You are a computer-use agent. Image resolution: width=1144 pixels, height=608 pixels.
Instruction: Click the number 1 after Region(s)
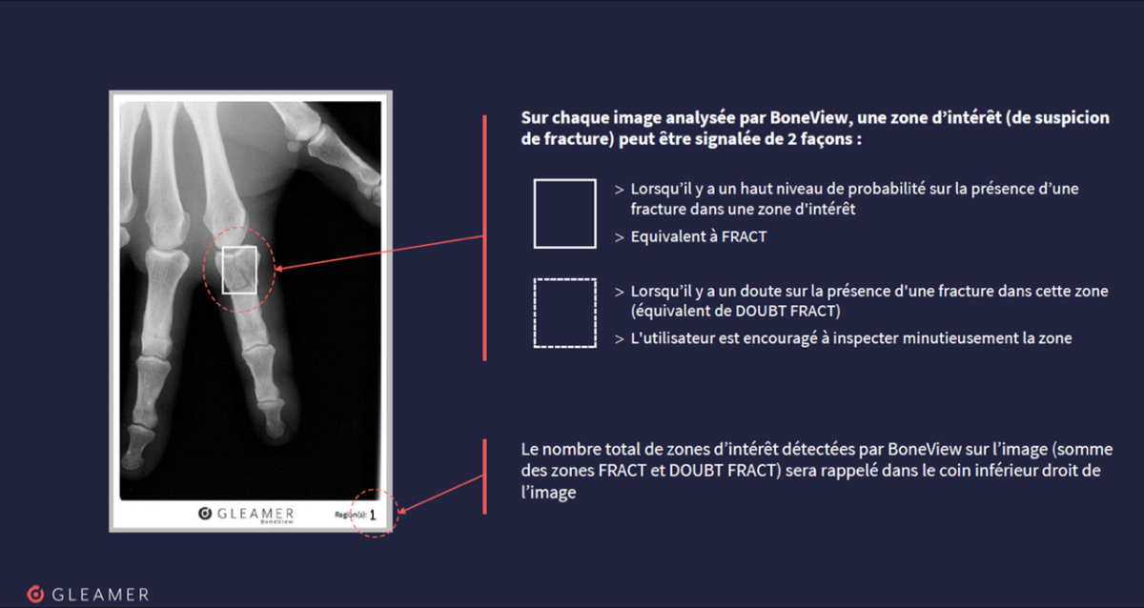pyautogui.click(x=373, y=516)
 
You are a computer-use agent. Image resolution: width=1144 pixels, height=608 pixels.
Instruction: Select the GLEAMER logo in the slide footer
pyautogui.click(x=88, y=595)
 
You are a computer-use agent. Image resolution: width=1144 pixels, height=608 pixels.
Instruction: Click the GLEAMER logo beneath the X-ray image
pyautogui.click(x=246, y=515)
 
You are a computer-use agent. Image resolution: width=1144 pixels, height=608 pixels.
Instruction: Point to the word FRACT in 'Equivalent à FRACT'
pyautogui.click(x=745, y=237)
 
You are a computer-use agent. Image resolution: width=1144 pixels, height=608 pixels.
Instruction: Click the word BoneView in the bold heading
pyautogui.click(x=808, y=118)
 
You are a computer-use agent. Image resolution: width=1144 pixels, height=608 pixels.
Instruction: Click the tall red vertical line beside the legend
pyautogui.click(x=484, y=238)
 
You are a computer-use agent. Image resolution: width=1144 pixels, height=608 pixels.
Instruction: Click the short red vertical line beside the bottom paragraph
pyautogui.click(x=484, y=476)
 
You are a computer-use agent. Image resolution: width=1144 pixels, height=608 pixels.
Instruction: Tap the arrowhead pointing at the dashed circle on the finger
pyautogui.click(x=278, y=268)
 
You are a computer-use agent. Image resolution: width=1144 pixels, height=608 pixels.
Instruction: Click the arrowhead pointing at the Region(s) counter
pyautogui.click(x=402, y=510)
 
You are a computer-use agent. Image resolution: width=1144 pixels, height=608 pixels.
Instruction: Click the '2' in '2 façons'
pyautogui.click(x=791, y=139)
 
